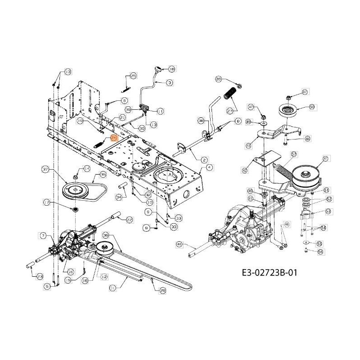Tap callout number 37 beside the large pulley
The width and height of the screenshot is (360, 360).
click(45, 170)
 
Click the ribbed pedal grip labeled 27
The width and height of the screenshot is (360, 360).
click(230, 96)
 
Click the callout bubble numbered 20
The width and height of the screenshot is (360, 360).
click(219, 79)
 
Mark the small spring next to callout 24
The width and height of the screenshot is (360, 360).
click(99, 147)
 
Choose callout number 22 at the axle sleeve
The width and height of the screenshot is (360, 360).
click(130, 220)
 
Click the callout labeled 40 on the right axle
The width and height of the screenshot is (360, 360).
click(179, 244)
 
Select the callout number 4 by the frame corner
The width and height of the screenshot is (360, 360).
click(209, 167)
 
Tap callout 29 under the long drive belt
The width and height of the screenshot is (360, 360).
click(162, 291)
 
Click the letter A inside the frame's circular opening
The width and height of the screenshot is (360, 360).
click(168, 177)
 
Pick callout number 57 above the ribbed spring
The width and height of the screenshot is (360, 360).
click(294, 154)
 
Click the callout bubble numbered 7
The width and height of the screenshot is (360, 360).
click(43, 235)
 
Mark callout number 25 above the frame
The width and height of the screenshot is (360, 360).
click(133, 76)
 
